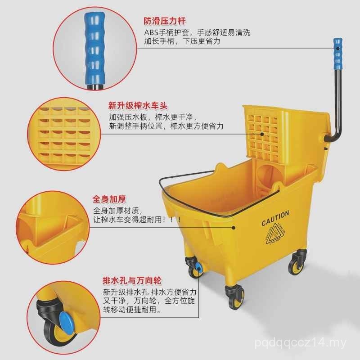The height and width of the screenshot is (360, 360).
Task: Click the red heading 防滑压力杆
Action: click(x=165, y=21)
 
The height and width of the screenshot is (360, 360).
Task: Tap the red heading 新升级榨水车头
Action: click(x=138, y=106)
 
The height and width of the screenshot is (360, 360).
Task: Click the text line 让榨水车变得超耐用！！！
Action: click(x=137, y=220)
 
